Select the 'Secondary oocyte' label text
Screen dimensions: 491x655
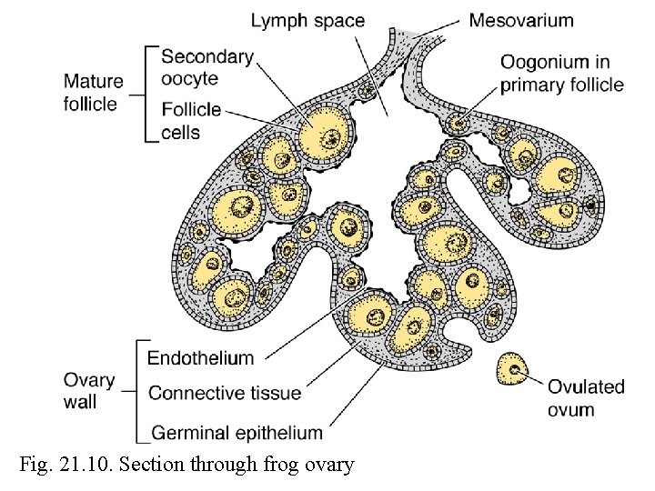coord(207,67)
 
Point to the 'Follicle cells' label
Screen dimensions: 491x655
coord(191,121)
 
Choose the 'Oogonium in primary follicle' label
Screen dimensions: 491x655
coord(561,74)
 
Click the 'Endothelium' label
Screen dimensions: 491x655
coord(200,357)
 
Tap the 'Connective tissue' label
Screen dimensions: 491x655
coord(224,394)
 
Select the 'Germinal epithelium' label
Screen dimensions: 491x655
coord(235,433)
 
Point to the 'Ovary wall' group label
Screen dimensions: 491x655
coord(89,391)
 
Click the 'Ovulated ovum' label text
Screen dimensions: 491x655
coord(586,397)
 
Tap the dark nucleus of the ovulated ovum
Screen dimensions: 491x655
coord(516,370)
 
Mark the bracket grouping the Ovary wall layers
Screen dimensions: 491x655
coord(137,392)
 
